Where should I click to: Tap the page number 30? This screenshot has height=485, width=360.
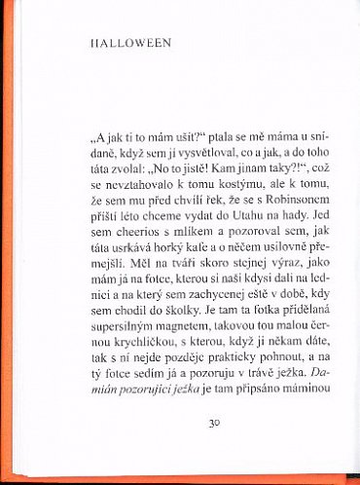coord(215,450)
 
